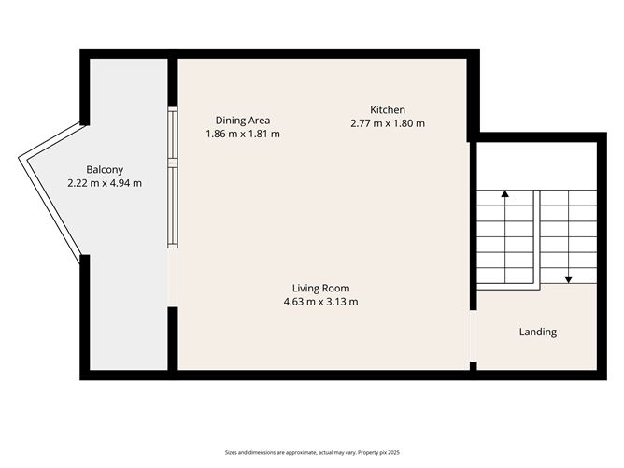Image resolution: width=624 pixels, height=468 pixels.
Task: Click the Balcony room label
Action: click(105, 169)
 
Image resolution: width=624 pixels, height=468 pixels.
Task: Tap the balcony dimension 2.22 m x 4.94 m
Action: click(105, 183)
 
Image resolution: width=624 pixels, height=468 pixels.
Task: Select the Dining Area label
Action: click(243, 120)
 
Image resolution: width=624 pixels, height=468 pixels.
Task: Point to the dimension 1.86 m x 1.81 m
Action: click(243, 134)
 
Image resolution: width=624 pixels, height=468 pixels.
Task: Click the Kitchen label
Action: click(388, 108)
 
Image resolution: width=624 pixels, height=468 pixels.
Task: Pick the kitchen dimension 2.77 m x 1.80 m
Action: click(388, 122)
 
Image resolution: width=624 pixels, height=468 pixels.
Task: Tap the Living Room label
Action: click(320, 288)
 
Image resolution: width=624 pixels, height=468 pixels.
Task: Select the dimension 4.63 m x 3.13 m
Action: click(320, 302)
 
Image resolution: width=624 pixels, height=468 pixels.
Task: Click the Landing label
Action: click(538, 332)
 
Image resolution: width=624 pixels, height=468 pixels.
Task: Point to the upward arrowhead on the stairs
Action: click(505, 195)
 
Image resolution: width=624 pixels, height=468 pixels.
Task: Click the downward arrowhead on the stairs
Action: click(568, 278)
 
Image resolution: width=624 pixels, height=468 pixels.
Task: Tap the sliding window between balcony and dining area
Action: click(172, 177)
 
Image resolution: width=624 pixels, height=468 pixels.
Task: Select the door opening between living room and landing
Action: click(473, 335)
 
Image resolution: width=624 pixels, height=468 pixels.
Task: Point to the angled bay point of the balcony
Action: click(23, 160)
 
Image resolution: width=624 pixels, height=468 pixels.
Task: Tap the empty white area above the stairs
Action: click(536, 165)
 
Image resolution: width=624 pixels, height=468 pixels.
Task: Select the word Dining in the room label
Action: click(229, 120)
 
